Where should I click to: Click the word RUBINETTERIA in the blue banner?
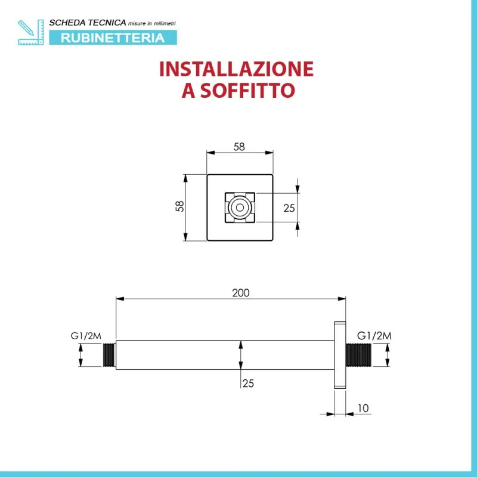113,38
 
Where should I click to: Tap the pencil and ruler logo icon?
31,32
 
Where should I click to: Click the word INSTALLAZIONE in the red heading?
236,69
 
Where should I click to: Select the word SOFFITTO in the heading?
247,90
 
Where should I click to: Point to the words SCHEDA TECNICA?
87,23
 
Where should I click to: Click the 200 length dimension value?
241,293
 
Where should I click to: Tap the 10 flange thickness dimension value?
363,408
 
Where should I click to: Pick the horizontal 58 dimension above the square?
239,147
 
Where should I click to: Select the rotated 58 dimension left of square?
180,206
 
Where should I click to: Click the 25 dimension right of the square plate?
289,208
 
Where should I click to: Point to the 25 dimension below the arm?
248,383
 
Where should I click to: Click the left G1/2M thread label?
86,336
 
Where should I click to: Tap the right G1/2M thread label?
374,336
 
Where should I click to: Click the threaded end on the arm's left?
110,355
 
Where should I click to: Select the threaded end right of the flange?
359,355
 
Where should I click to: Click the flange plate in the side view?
340,355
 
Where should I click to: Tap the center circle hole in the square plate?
240,207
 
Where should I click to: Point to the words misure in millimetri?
152,23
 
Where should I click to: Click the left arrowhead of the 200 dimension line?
120,299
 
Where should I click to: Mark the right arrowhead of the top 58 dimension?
270,153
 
